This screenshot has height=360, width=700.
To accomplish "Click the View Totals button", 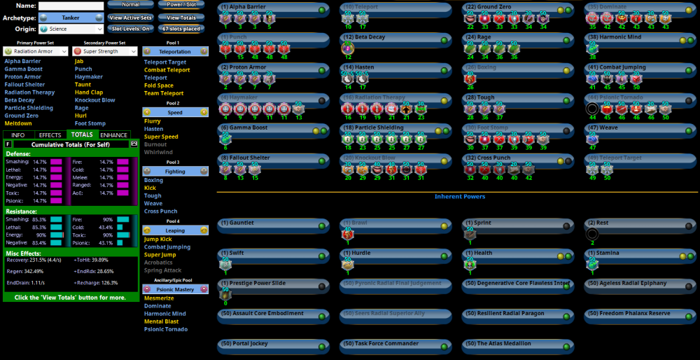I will pyautogui.click(x=181, y=17).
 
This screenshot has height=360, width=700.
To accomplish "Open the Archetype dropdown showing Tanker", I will pyautogui.click(x=71, y=18).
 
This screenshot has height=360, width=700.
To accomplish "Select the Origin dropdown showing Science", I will pyautogui.click(x=71, y=29).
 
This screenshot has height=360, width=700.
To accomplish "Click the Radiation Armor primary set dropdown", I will pyautogui.click(x=36, y=51).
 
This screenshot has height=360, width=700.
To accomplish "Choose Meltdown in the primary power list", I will pyautogui.click(x=18, y=123).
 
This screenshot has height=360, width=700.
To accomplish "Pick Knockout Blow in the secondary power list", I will pyautogui.click(x=95, y=100).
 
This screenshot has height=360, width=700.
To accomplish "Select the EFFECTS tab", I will pyautogui.click(x=50, y=134).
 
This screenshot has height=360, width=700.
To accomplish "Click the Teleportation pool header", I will pyautogui.click(x=175, y=51).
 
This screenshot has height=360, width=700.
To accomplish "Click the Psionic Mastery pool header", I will pyautogui.click(x=175, y=289).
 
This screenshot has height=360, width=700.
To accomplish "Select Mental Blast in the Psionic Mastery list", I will pyautogui.click(x=161, y=321).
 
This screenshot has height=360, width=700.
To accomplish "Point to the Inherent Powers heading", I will pyautogui.click(x=459, y=196).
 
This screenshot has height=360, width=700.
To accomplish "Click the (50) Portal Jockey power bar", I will pyautogui.click(x=273, y=344).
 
